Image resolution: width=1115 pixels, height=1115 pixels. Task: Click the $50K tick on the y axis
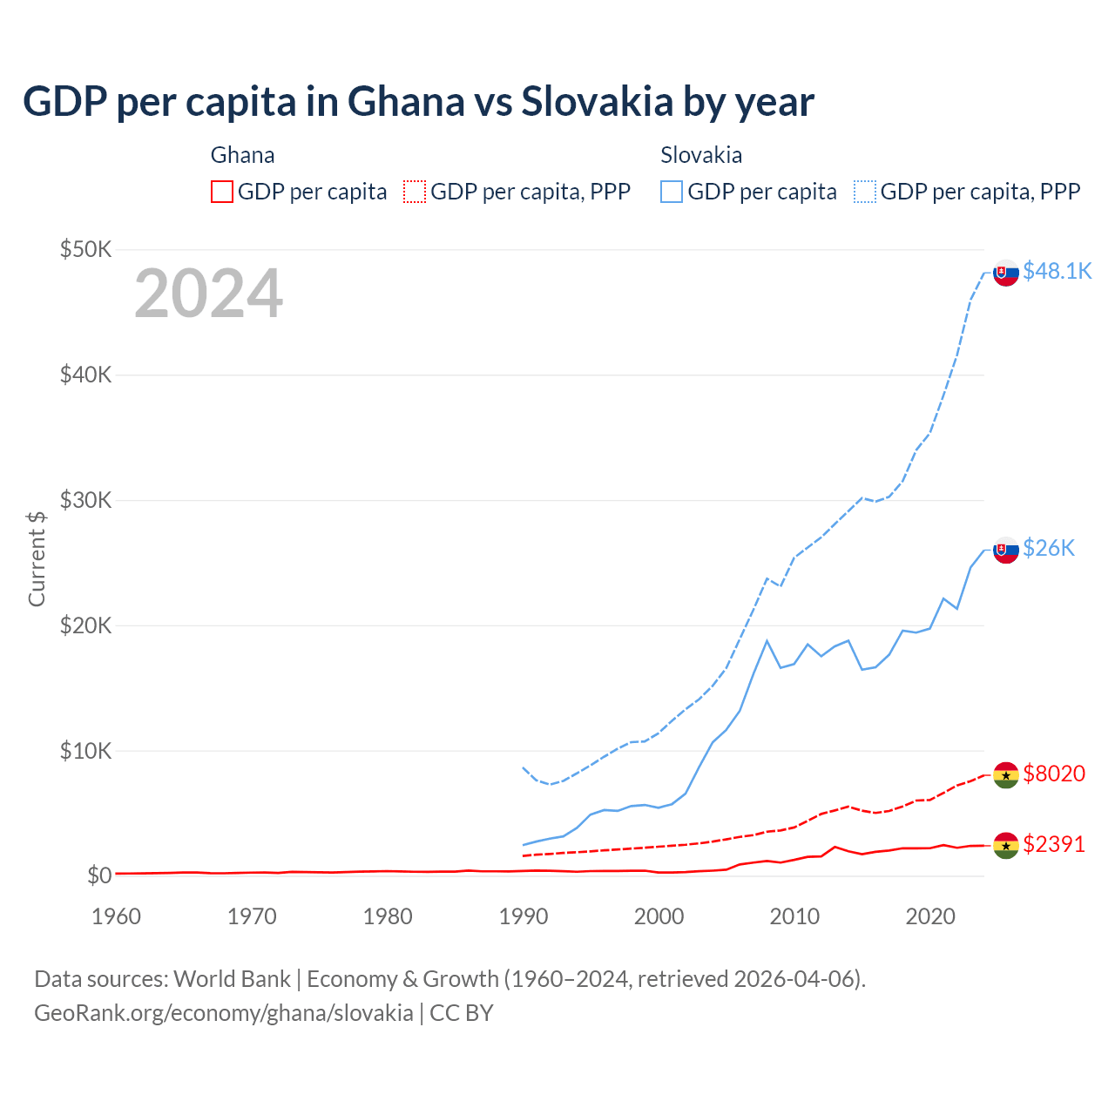coord(86,250)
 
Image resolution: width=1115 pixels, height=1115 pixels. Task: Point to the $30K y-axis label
coord(86,501)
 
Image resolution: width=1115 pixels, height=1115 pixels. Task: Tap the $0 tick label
coord(99,875)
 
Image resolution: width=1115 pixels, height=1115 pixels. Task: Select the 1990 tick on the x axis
coord(524,916)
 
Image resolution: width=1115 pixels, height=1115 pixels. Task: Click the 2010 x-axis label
coord(794,916)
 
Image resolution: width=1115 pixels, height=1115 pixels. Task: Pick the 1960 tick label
coord(117,916)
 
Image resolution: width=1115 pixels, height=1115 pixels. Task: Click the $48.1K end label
coord(1057,272)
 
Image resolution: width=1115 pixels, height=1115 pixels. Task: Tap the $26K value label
coord(1049,548)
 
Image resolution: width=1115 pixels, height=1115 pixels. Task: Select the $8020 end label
coord(1054,774)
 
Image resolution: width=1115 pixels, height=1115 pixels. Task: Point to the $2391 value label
coord(1054,844)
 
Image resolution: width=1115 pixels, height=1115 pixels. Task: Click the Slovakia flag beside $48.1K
coord(1006,273)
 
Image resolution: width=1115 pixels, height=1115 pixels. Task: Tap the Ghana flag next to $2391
coord(1006,845)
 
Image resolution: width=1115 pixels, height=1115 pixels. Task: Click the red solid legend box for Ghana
coord(222,192)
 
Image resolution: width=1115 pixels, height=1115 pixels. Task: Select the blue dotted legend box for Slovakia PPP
coord(865,192)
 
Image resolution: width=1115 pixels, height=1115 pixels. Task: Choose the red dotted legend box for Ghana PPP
coord(415,192)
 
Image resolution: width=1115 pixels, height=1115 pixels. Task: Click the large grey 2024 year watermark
coord(208,294)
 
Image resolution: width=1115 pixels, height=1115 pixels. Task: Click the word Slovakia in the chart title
coord(597,102)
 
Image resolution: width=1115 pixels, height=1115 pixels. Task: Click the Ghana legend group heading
coord(242,155)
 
